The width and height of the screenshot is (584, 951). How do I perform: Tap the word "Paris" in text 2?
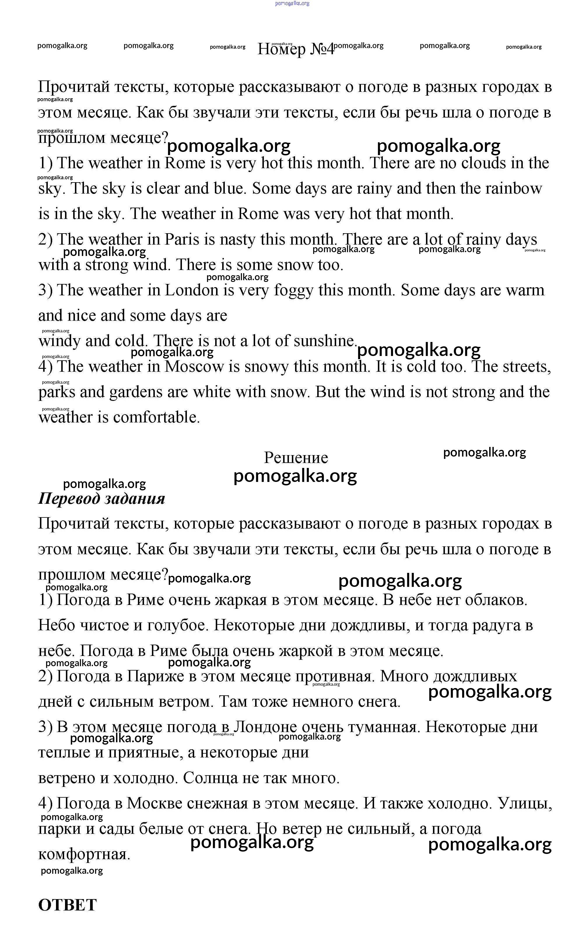point(182,240)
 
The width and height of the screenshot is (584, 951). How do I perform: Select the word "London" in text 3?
point(192,290)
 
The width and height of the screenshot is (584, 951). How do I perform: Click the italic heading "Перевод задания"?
point(101,499)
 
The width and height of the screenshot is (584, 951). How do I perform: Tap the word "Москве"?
point(154,803)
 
